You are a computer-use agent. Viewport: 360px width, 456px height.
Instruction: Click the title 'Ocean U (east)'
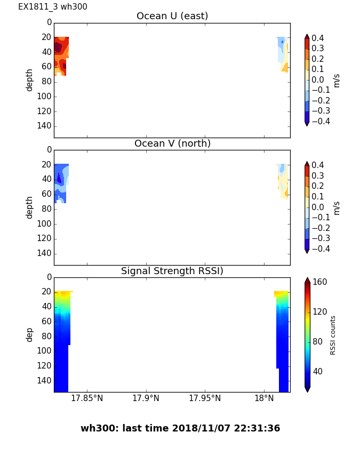172,16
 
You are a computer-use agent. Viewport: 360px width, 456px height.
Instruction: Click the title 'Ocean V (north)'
172,143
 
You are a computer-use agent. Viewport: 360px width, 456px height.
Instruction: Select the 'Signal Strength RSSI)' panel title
172,271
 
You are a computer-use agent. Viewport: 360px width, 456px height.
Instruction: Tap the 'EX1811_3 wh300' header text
53,7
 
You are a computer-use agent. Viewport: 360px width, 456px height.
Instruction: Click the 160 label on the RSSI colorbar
319,282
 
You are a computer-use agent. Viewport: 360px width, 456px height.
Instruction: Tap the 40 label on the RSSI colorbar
318,371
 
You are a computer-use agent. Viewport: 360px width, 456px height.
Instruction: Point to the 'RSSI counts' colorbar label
333,335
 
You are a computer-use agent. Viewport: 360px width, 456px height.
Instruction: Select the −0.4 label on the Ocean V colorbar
319,249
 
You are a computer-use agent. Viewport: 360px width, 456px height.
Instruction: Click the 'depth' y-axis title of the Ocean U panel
30,79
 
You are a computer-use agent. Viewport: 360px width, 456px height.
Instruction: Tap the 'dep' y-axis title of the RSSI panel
30,334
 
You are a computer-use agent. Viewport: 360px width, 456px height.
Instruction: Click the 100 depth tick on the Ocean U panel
45,96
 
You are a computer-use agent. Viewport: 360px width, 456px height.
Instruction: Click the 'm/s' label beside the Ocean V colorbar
337,207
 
